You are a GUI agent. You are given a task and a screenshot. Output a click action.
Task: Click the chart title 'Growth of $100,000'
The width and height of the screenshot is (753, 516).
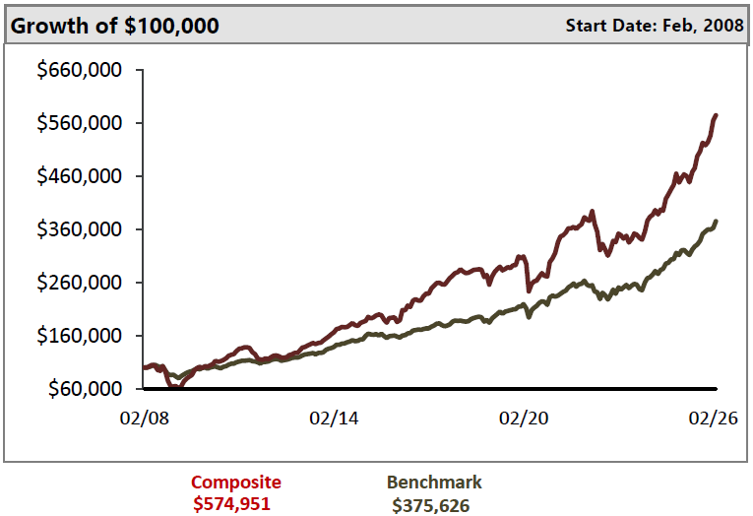click(114, 26)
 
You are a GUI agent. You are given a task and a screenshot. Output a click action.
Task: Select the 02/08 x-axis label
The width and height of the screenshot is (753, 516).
click(143, 418)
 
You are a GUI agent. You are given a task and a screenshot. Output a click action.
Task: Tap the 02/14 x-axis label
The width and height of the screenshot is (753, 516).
click(334, 418)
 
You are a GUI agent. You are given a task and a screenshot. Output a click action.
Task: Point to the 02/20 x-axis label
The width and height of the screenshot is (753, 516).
click(525, 418)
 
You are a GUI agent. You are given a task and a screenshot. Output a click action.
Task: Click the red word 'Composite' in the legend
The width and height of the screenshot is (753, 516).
click(236, 483)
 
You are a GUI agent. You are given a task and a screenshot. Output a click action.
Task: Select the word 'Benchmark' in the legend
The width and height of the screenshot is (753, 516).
click(434, 483)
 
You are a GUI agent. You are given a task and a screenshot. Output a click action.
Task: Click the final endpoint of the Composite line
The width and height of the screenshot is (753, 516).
click(716, 115)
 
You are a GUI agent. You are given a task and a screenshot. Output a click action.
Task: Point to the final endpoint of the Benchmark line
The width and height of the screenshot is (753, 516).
click(716, 222)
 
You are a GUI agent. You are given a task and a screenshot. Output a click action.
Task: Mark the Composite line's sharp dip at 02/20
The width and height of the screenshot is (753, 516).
click(530, 290)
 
